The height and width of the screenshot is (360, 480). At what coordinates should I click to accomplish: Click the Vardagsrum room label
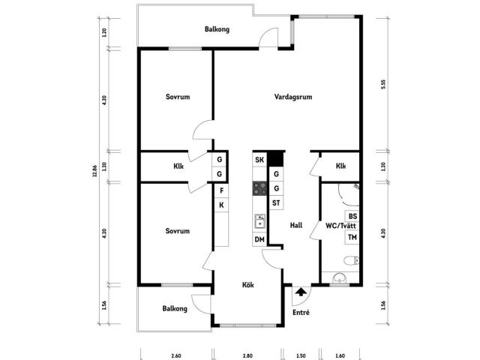pyautogui.click(x=293, y=97)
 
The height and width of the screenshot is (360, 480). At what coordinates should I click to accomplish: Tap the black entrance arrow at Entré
pyautogui.click(x=301, y=292)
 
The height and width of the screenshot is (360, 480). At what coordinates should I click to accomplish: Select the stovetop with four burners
pyautogui.click(x=260, y=188)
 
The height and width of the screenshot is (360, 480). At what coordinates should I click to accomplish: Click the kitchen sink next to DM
pyautogui.click(x=259, y=221)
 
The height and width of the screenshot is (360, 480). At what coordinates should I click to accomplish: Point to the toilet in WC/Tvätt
pyautogui.click(x=351, y=260)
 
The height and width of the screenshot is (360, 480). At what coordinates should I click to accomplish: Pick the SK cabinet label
pyautogui.click(x=259, y=160)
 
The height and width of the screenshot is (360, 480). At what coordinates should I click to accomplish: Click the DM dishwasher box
pyautogui.click(x=259, y=239)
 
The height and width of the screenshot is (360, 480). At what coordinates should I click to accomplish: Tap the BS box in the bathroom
pyautogui.click(x=352, y=217)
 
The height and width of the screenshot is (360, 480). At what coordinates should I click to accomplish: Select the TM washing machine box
pyautogui.click(x=352, y=237)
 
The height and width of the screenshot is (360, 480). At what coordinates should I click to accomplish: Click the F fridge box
pyautogui.click(x=222, y=190)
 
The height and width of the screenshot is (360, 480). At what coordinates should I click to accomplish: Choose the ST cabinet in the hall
pyautogui.click(x=276, y=202)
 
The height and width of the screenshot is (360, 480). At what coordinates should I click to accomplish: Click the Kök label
pyautogui.click(x=248, y=285)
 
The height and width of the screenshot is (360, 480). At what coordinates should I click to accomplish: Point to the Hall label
pyautogui.click(x=296, y=225)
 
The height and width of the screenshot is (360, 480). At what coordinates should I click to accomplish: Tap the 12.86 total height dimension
pyautogui.click(x=95, y=171)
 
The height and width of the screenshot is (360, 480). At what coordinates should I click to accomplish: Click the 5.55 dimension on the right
pyautogui.click(x=383, y=84)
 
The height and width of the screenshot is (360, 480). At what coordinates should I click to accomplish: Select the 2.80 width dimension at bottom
pyautogui.click(x=247, y=355)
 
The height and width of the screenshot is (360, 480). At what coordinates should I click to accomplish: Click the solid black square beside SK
pyautogui.click(x=276, y=159)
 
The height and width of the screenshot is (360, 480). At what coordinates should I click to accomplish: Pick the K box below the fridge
pyautogui.click(x=222, y=205)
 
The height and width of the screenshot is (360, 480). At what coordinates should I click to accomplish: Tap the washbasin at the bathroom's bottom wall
pyautogui.click(x=339, y=278)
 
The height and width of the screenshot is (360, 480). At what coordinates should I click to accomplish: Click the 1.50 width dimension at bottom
pyautogui.click(x=301, y=355)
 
